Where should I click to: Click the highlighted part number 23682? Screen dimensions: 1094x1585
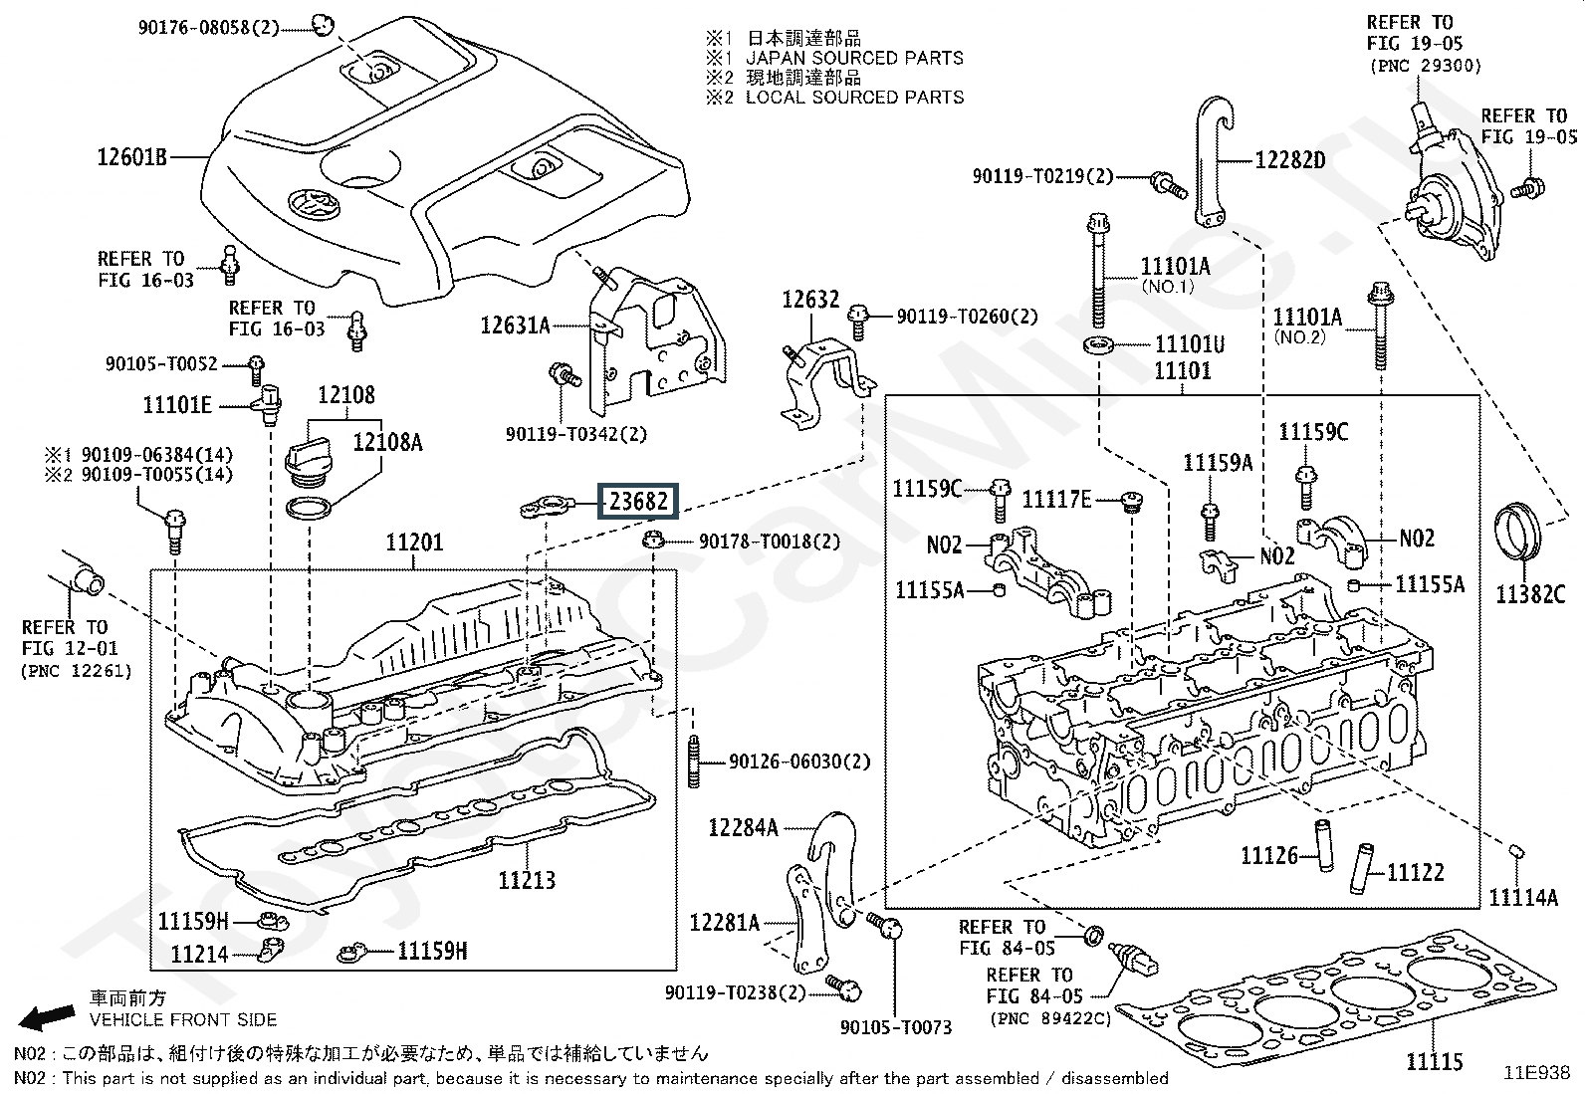[x=637, y=501]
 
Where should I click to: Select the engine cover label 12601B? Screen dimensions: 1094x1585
[x=131, y=156]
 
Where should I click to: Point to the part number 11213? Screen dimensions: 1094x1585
[x=527, y=880]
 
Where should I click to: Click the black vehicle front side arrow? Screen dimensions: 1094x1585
[x=49, y=1016]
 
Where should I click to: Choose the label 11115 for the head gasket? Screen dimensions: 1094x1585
[x=1435, y=1062]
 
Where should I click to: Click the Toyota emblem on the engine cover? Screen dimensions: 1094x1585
[x=307, y=205]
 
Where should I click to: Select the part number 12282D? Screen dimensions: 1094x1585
[x=1289, y=159]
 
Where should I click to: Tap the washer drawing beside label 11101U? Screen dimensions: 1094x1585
[x=1096, y=345]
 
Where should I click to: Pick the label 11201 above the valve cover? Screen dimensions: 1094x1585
[x=415, y=544]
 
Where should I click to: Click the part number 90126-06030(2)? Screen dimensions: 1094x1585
[x=799, y=762]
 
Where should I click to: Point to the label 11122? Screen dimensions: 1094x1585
[x=1415, y=872]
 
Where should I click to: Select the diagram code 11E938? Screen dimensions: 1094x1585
[x=1537, y=1073]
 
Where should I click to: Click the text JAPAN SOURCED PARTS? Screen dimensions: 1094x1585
[x=854, y=59]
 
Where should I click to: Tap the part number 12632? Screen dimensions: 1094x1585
[x=810, y=300]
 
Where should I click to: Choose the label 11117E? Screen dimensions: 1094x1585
[x=1056, y=500]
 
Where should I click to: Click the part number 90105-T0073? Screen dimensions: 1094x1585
[x=896, y=1027]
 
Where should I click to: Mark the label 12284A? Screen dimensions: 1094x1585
[x=743, y=827]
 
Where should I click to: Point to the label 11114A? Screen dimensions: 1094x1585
[x=1523, y=898]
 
